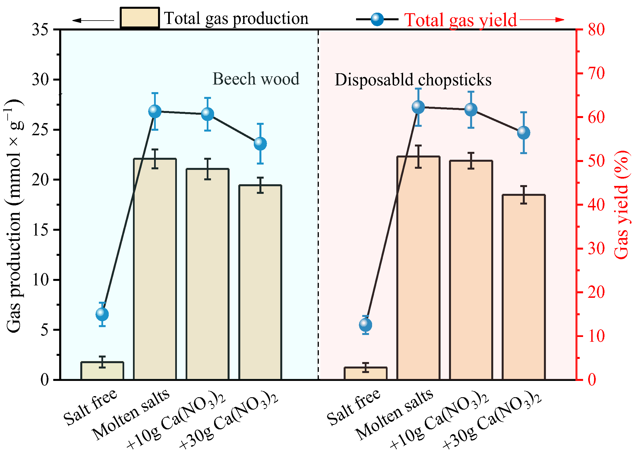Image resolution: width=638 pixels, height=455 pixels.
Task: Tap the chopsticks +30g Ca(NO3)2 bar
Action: (x=524, y=287)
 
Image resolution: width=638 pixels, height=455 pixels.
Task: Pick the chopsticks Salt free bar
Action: (x=366, y=374)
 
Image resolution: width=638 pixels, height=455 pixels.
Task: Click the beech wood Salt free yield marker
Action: (x=102, y=314)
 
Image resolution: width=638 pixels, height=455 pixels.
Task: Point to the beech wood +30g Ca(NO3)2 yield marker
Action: (x=260, y=144)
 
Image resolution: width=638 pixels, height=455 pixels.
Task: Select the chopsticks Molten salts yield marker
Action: (x=418, y=107)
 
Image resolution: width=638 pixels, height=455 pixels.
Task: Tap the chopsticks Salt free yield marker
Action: (x=366, y=325)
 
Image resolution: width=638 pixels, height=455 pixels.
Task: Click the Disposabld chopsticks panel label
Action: (x=413, y=80)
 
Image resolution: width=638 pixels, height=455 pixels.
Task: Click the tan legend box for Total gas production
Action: (x=140, y=18)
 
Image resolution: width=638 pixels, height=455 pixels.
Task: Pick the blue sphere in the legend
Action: (x=377, y=19)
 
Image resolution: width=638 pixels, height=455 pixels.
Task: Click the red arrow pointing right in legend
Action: (x=542, y=20)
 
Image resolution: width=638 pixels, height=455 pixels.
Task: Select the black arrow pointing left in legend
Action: (x=93, y=20)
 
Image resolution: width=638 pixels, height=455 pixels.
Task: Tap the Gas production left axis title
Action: (x=14, y=216)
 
